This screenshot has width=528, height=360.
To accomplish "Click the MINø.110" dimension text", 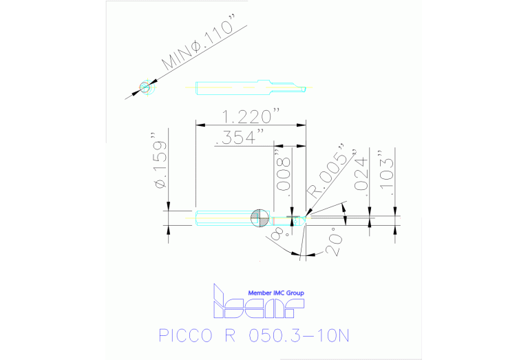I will coord(203,49).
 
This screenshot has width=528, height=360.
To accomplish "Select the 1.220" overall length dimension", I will coord(250,116).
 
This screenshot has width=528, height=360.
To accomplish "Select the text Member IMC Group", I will coord(275,293).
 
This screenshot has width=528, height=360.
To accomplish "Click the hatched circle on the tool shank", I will coord(260,218).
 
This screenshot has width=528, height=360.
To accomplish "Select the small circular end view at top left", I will coord(145,87).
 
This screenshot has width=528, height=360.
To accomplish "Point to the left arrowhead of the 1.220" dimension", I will coord(200,125).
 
